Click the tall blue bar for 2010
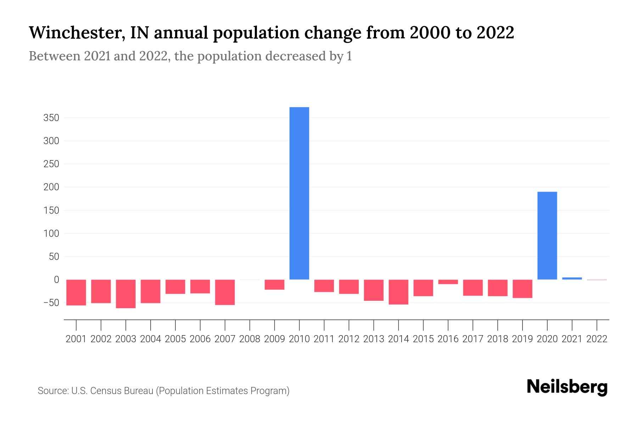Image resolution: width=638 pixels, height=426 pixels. coord(299,193)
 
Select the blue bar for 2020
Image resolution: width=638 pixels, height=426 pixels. coord(547,236)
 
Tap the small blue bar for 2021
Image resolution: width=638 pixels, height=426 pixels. coord(572,278)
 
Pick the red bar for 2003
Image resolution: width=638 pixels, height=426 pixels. coord(126,294)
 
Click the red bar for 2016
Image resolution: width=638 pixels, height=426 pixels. coord(448,282)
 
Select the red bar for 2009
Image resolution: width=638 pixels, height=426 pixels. coord(274,284)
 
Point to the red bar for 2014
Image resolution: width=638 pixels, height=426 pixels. coord(398,292)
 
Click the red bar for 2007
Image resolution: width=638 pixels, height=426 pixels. coord(225,292)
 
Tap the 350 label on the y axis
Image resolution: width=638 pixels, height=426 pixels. coord(51,118)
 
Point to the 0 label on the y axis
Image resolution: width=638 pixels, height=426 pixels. coord(56,280)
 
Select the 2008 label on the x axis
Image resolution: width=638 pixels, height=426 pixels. coord(250,339)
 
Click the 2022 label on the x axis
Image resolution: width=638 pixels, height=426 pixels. coord(597,339)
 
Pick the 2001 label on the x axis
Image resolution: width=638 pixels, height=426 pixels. coord(76,339)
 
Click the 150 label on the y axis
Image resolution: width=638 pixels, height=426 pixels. coord(51,211)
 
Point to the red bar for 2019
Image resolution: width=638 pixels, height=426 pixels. coord(522,289)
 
